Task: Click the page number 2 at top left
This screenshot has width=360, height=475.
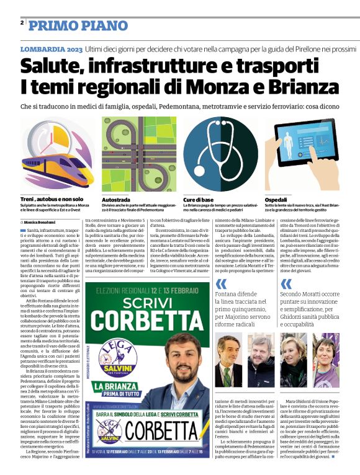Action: coord(22,23)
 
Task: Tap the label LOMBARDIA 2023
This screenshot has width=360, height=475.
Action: coord(50,48)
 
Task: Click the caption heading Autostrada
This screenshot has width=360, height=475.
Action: coord(116,200)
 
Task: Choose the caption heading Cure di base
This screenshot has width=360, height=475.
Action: coord(199,200)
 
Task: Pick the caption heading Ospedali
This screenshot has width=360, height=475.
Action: coord(276,200)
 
